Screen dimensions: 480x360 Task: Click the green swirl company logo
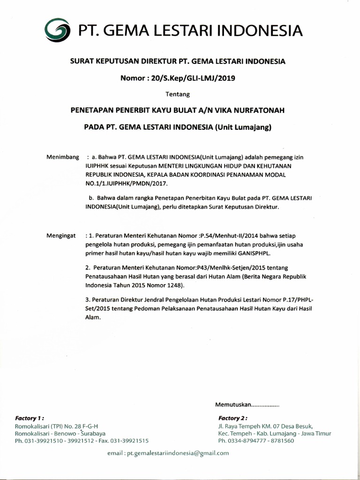57,30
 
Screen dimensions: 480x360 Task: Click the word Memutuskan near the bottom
233,404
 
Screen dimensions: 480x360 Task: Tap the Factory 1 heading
30,418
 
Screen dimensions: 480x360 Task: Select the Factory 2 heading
232,418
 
